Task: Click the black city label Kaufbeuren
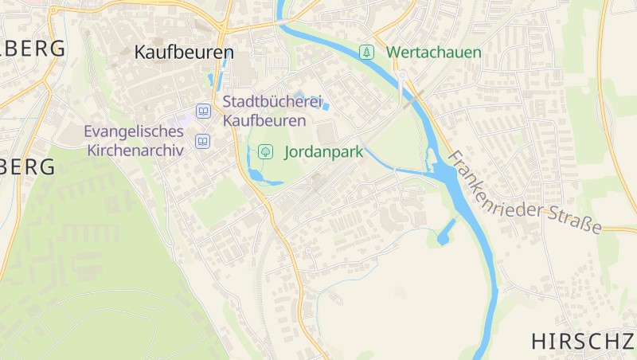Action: pyautogui.click(x=184, y=53)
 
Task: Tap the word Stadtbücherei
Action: pyautogui.click(x=272, y=103)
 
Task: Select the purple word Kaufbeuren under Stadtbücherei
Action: pyautogui.click(x=264, y=121)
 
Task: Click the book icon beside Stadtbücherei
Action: pyautogui.click(x=204, y=112)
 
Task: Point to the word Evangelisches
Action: pyautogui.click(x=134, y=131)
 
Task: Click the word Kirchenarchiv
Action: pyautogui.click(x=135, y=150)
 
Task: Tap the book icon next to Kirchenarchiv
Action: pyautogui.click(x=203, y=142)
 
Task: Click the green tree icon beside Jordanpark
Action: pyautogui.click(x=266, y=151)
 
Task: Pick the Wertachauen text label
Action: pyautogui.click(x=434, y=53)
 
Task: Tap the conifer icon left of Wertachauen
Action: pyautogui.click(x=366, y=53)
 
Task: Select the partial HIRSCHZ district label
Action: pyautogui.click(x=583, y=341)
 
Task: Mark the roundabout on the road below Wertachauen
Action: pyautogui.click(x=403, y=76)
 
